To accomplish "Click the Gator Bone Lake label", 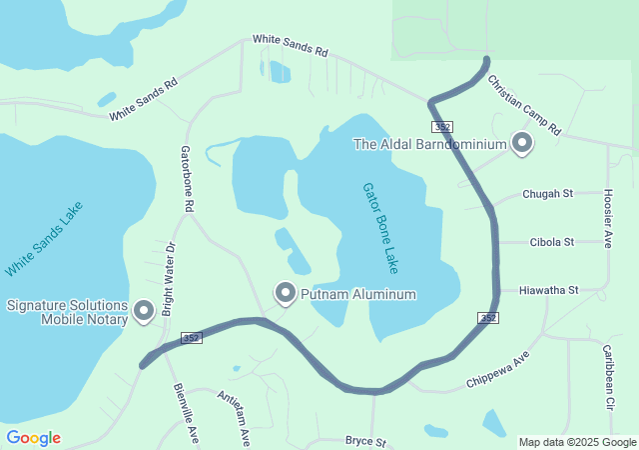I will pyautogui.click(x=380, y=229).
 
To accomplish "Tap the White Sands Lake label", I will pyautogui.click(x=44, y=239).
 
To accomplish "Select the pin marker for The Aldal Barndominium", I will pyautogui.click(x=522, y=144).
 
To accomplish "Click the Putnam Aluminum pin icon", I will pyautogui.click(x=286, y=294).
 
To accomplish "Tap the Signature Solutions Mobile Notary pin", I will pyautogui.click(x=143, y=311).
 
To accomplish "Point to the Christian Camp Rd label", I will pyautogui.click(x=524, y=104).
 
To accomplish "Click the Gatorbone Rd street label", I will pyautogui.click(x=187, y=179).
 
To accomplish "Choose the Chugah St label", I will pyautogui.click(x=548, y=194).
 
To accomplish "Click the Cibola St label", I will pyautogui.click(x=552, y=242).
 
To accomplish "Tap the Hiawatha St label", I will pyautogui.click(x=549, y=290).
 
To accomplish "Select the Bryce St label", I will pyautogui.click(x=365, y=440).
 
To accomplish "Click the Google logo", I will pyautogui.click(x=33, y=438).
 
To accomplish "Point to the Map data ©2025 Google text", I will pyautogui.click(x=577, y=442).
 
